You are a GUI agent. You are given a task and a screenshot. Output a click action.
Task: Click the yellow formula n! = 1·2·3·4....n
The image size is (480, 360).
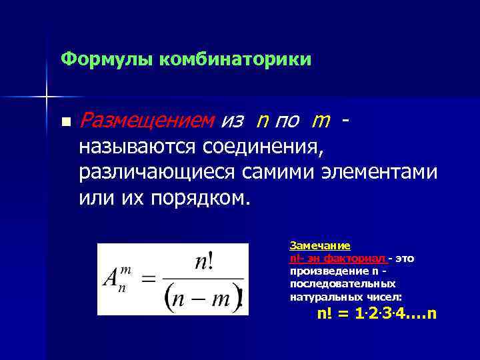click(x=376, y=313)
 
